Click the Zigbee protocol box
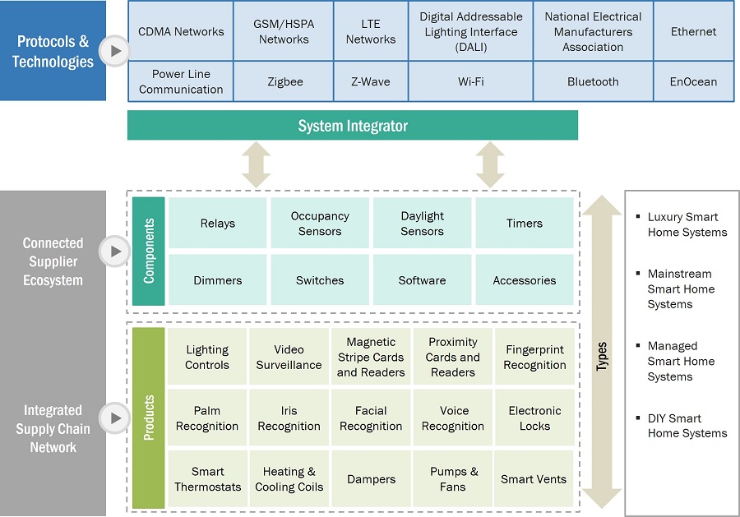coord(284,81)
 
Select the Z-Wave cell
coord(371,81)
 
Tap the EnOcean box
coord(693,81)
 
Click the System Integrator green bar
coord(353,126)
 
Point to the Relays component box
coord(218,224)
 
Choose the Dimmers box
coord(218,280)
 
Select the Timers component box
coord(525,224)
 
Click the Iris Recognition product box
coord(289,418)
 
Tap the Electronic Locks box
coord(534,418)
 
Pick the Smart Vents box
coord(534,479)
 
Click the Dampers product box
coord(371,479)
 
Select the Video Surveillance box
coord(289,357)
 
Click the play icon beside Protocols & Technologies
coord(115,52)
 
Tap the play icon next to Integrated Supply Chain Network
coord(115,418)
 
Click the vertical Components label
coord(149,251)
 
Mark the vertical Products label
coord(149,418)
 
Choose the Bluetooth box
coord(593,81)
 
